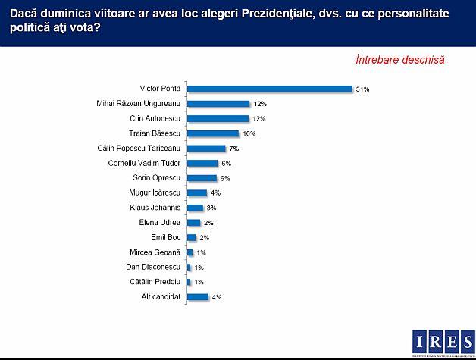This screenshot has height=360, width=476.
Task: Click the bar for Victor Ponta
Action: [270, 89]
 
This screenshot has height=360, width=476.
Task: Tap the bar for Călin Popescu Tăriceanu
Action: [206, 149]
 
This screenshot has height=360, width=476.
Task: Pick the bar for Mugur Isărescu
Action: [197, 193]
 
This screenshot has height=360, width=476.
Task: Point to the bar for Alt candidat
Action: [197, 296]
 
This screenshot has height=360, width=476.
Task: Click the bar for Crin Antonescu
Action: [218, 118]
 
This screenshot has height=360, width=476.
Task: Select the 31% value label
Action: [362, 89]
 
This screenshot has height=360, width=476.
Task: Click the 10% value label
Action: [249, 133]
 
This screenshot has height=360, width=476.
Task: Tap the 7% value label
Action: [233, 149]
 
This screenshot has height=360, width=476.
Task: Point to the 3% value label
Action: [211, 208]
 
